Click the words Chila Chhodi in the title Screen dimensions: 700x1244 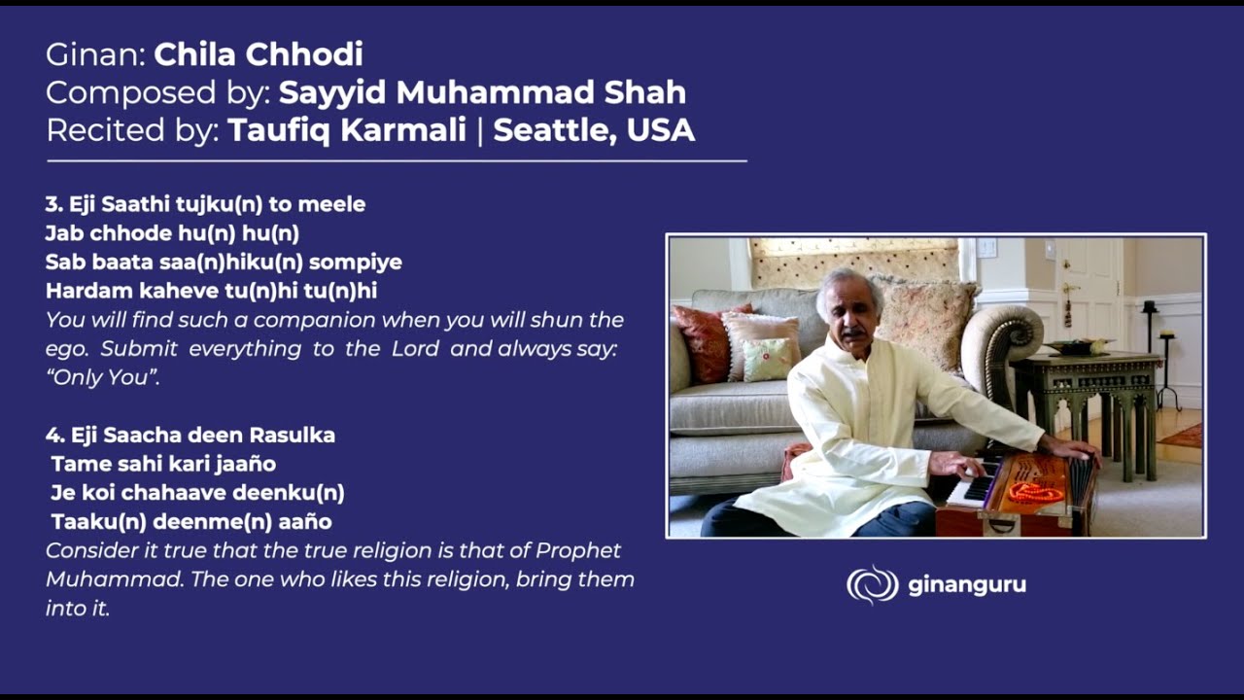(259, 54)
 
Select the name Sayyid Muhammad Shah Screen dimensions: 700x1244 (482, 92)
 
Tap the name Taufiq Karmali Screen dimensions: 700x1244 (347, 129)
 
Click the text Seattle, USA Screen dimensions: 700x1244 (594, 129)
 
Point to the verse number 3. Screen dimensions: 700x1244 (52, 204)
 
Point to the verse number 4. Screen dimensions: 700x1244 (52, 435)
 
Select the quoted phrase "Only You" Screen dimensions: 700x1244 (102, 378)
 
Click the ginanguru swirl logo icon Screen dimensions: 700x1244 (872, 584)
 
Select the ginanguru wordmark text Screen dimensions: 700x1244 (966, 585)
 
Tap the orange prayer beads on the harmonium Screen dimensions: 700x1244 (1034, 492)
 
